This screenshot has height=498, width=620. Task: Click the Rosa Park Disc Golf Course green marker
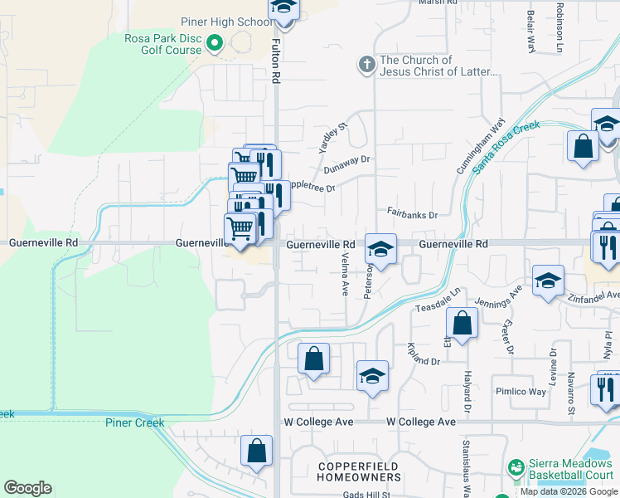(x=216, y=41)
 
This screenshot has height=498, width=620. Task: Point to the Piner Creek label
(x=135, y=422)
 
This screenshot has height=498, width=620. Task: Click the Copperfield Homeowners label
(x=359, y=471)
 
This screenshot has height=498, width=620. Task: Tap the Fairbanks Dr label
(x=412, y=215)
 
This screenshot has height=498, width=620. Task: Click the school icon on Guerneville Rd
(x=380, y=250)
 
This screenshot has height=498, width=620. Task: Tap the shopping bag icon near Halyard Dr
(x=463, y=324)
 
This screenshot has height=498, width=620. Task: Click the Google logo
(x=27, y=488)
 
